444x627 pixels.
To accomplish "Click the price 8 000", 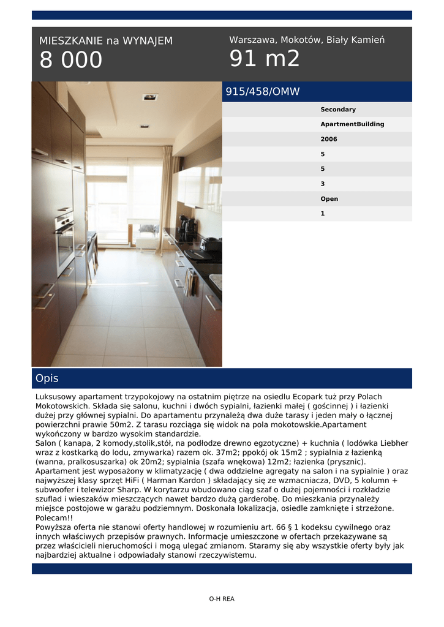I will pyautogui.click(x=71, y=61).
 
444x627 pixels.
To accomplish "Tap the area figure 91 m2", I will pyautogui.click(x=265, y=59).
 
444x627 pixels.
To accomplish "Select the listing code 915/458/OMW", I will pyautogui.click(x=263, y=92).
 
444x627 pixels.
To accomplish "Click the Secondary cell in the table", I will pyautogui.click(x=338, y=110).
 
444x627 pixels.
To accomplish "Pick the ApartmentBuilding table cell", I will pyautogui.click(x=352, y=124).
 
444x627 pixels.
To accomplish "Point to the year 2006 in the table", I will pyautogui.click(x=329, y=139).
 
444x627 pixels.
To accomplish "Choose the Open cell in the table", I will pyautogui.click(x=329, y=199).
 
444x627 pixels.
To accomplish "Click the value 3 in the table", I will pyautogui.click(x=323, y=184).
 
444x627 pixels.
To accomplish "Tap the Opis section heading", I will pyautogui.click(x=47, y=378).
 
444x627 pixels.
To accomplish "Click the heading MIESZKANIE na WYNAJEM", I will pyautogui.click(x=106, y=41).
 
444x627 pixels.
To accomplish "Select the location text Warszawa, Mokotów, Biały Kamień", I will pyautogui.click(x=307, y=40).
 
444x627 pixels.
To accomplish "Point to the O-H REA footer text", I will pyautogui.click(x=222, y=599).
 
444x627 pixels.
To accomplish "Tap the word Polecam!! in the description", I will pyautogui.click(x=53, y=517).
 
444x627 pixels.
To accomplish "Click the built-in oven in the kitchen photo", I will pyautogui.click(x=64, y=244).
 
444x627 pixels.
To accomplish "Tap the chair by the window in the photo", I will pyautogui.click(x=147, y=233).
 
